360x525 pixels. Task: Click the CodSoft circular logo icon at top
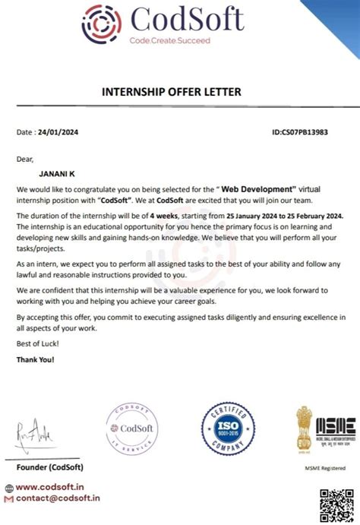click(x=100, y=23)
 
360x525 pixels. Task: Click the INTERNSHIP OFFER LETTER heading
click(x=171, y=92)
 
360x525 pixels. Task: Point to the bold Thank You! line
click(x=36, y=359)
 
